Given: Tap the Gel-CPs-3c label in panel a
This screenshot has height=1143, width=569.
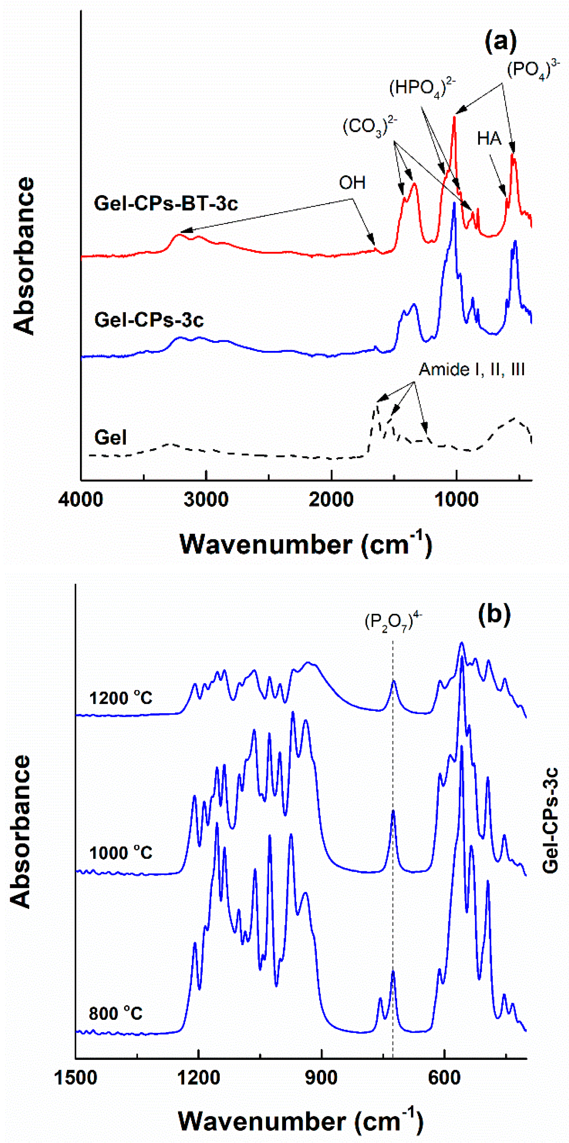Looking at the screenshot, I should pos(149,320).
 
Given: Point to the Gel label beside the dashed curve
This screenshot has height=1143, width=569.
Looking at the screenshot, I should pos(111,437).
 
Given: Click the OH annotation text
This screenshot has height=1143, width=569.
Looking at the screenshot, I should pos(352,182).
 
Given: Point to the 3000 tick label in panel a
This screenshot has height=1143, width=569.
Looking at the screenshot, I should pos(206,500).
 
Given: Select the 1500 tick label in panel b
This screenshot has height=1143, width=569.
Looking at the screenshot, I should pos(76,1078).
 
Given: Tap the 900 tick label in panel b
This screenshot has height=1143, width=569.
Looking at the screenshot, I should pos(322,1078).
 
